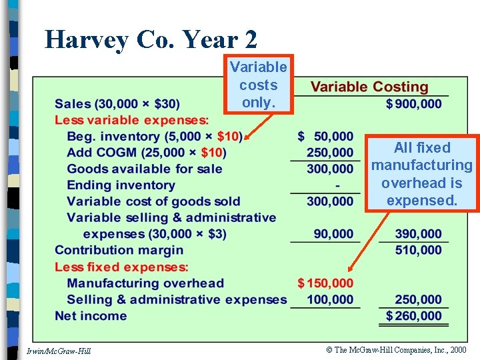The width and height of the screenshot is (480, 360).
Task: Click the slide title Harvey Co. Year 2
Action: (x=151, y=39)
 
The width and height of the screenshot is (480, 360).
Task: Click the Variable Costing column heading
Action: (x=369, y=87)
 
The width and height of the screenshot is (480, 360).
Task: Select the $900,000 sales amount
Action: (x=414, y=104)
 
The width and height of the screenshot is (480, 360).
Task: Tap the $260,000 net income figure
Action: (x=414, y=316)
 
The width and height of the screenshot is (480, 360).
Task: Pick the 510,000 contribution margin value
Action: (x=418, y=250)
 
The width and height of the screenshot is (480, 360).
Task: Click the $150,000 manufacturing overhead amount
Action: (x=325, y=283)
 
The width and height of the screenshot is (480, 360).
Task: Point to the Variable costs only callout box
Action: (x=258, y=85)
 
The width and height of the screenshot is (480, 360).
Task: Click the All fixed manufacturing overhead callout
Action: (x=422, y=174)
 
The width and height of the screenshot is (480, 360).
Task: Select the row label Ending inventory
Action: (x=121, y=185)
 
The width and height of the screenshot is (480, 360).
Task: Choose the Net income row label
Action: (x=91, y=316)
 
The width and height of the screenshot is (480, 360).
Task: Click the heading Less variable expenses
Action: (x=131, y=120)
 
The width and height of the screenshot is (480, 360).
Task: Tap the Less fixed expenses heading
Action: (x=121, y=267)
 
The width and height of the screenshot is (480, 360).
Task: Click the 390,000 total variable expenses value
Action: (x=418, y=234)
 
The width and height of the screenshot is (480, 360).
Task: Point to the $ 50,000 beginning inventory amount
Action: (x=325, y=137)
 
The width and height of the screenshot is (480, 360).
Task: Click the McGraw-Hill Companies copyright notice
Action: (x=397, y=350)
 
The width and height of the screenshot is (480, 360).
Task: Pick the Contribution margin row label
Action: (x=119, y=250)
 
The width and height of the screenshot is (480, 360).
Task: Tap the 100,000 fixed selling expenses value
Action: (x=330, y=300)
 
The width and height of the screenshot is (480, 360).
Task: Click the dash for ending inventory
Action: (x=338, y=186)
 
